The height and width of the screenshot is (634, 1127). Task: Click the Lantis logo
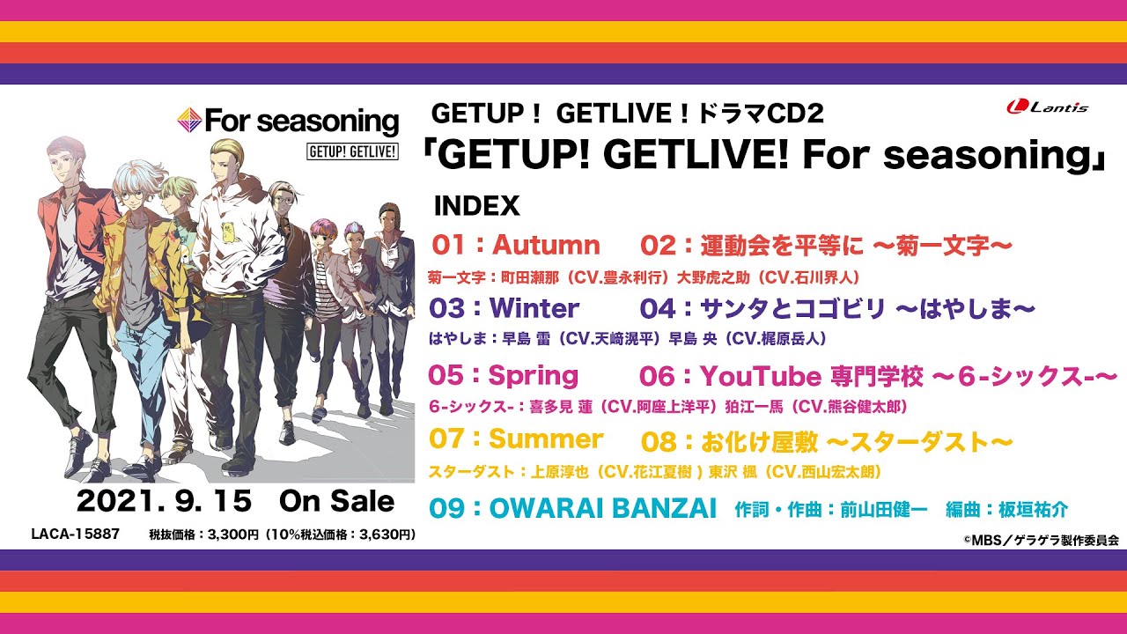click(x=1047, y=107)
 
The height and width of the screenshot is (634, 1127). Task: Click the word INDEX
click(x=477, y=206)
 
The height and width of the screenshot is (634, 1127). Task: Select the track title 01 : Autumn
click(x=516, y=245)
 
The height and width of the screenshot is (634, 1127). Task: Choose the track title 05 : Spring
click(x=503, y=376)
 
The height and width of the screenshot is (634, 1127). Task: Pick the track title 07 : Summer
click(x=515, y=439)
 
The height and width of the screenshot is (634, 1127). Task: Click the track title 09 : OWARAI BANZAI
click(x=573, y=510)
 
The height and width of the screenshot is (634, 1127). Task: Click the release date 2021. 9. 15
click(x=164, y=501)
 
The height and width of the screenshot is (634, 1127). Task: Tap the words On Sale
click(x=336, y=501)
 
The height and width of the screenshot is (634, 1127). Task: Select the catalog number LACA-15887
click(x=75, y=534)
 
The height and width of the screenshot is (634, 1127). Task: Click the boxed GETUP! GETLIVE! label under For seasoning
click(x=352, y=151)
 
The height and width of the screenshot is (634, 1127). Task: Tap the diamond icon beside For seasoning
click(x=189, y=121)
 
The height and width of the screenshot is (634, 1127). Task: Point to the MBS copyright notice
click(x=1052, y=541)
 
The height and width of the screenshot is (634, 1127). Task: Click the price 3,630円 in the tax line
click(x=379, y=534)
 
